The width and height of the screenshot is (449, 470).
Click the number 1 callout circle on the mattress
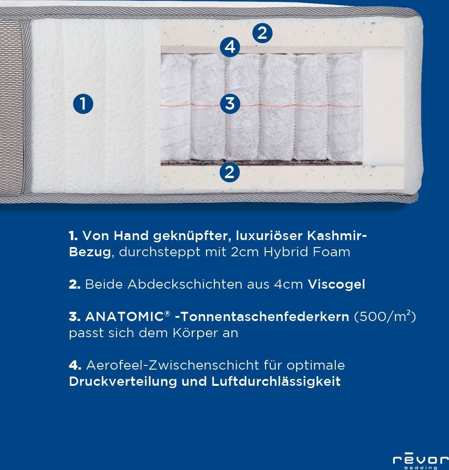coord(83,104)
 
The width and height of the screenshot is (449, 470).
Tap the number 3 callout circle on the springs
coord(230,103)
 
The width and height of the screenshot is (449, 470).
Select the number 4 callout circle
coord(230,47)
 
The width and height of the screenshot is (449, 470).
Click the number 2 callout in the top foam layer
coord(262,33)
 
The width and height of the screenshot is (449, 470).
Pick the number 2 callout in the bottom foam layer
coord(230,172)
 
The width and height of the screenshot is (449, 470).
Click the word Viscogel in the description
coord(336,284)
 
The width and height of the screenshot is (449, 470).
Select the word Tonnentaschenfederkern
coord(265,317)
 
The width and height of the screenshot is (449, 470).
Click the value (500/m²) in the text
coord(386,317)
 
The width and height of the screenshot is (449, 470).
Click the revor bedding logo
coord(420,461)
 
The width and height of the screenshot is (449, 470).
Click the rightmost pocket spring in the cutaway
coord(345,106)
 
